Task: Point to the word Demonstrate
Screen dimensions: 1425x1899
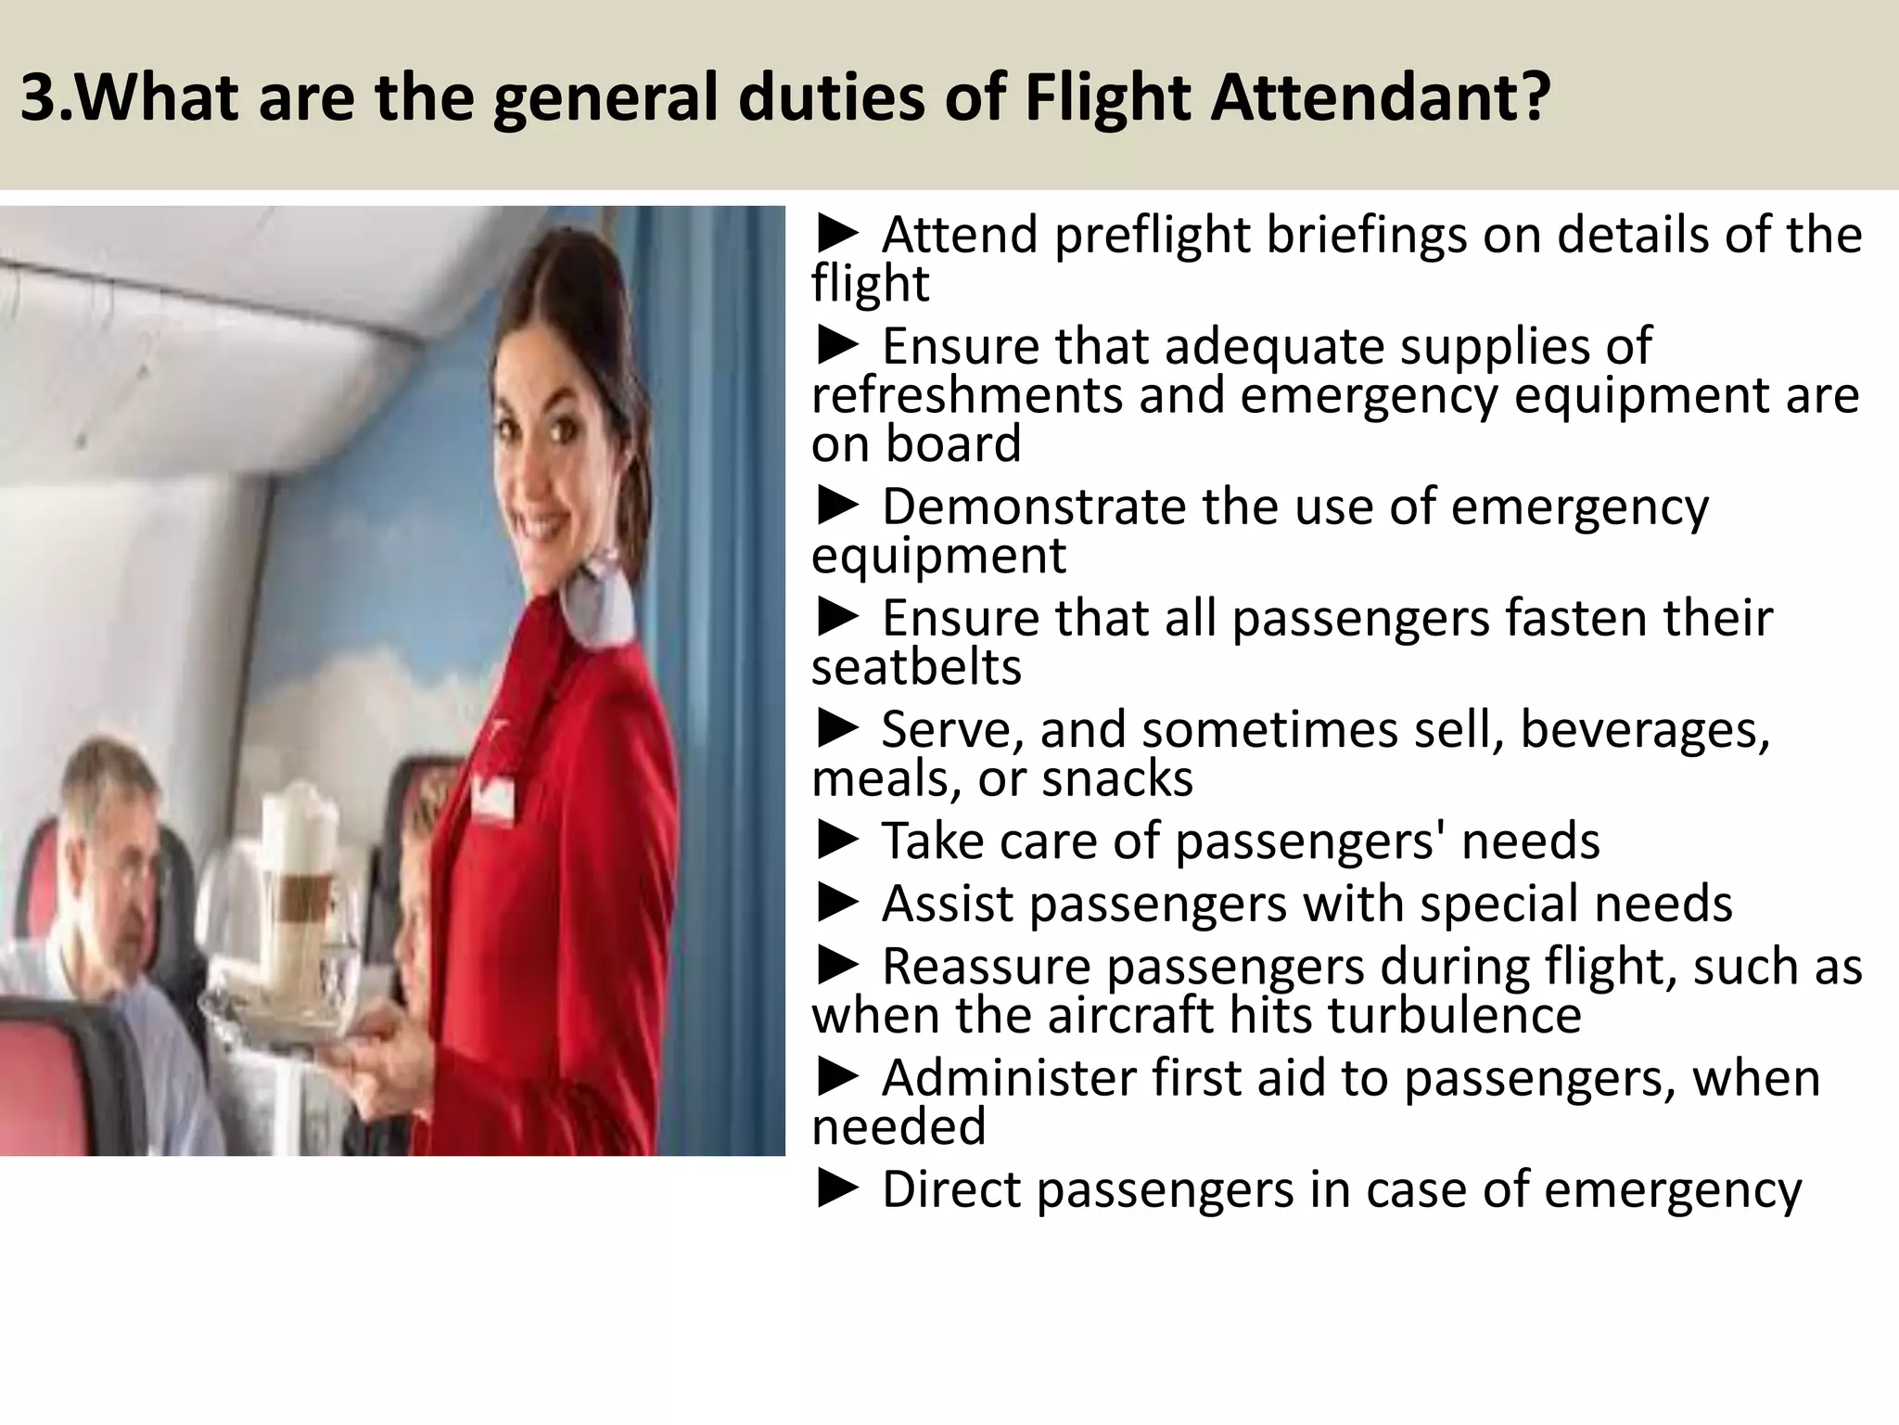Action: click(x=1034, y=507)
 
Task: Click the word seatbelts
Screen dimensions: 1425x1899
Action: click(x=916, y=667)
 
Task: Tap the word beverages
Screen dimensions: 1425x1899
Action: click(x=1645, y=729)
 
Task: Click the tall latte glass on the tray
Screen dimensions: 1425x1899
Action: click(x=300, y=872)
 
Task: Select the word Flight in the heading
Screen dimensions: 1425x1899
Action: click(x=1106, y=97)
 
